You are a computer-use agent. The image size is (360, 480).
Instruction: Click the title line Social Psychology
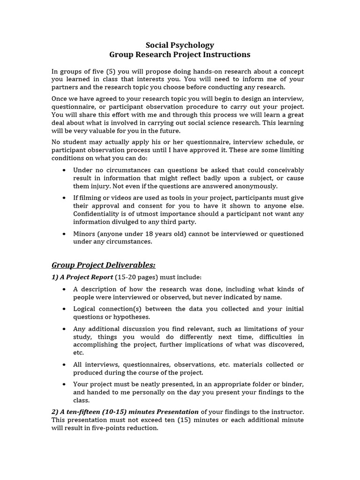(180, 45)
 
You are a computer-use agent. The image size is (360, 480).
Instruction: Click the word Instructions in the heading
(226, 55)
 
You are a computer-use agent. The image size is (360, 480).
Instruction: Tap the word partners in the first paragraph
(64, 87)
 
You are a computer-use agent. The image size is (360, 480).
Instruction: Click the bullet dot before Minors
(64, 233)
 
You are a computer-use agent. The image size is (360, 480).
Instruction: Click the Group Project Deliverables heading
(103, 265)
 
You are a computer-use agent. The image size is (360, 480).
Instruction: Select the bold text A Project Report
(82, 277)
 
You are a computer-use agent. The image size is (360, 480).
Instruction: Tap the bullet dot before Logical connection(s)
(64, 309)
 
